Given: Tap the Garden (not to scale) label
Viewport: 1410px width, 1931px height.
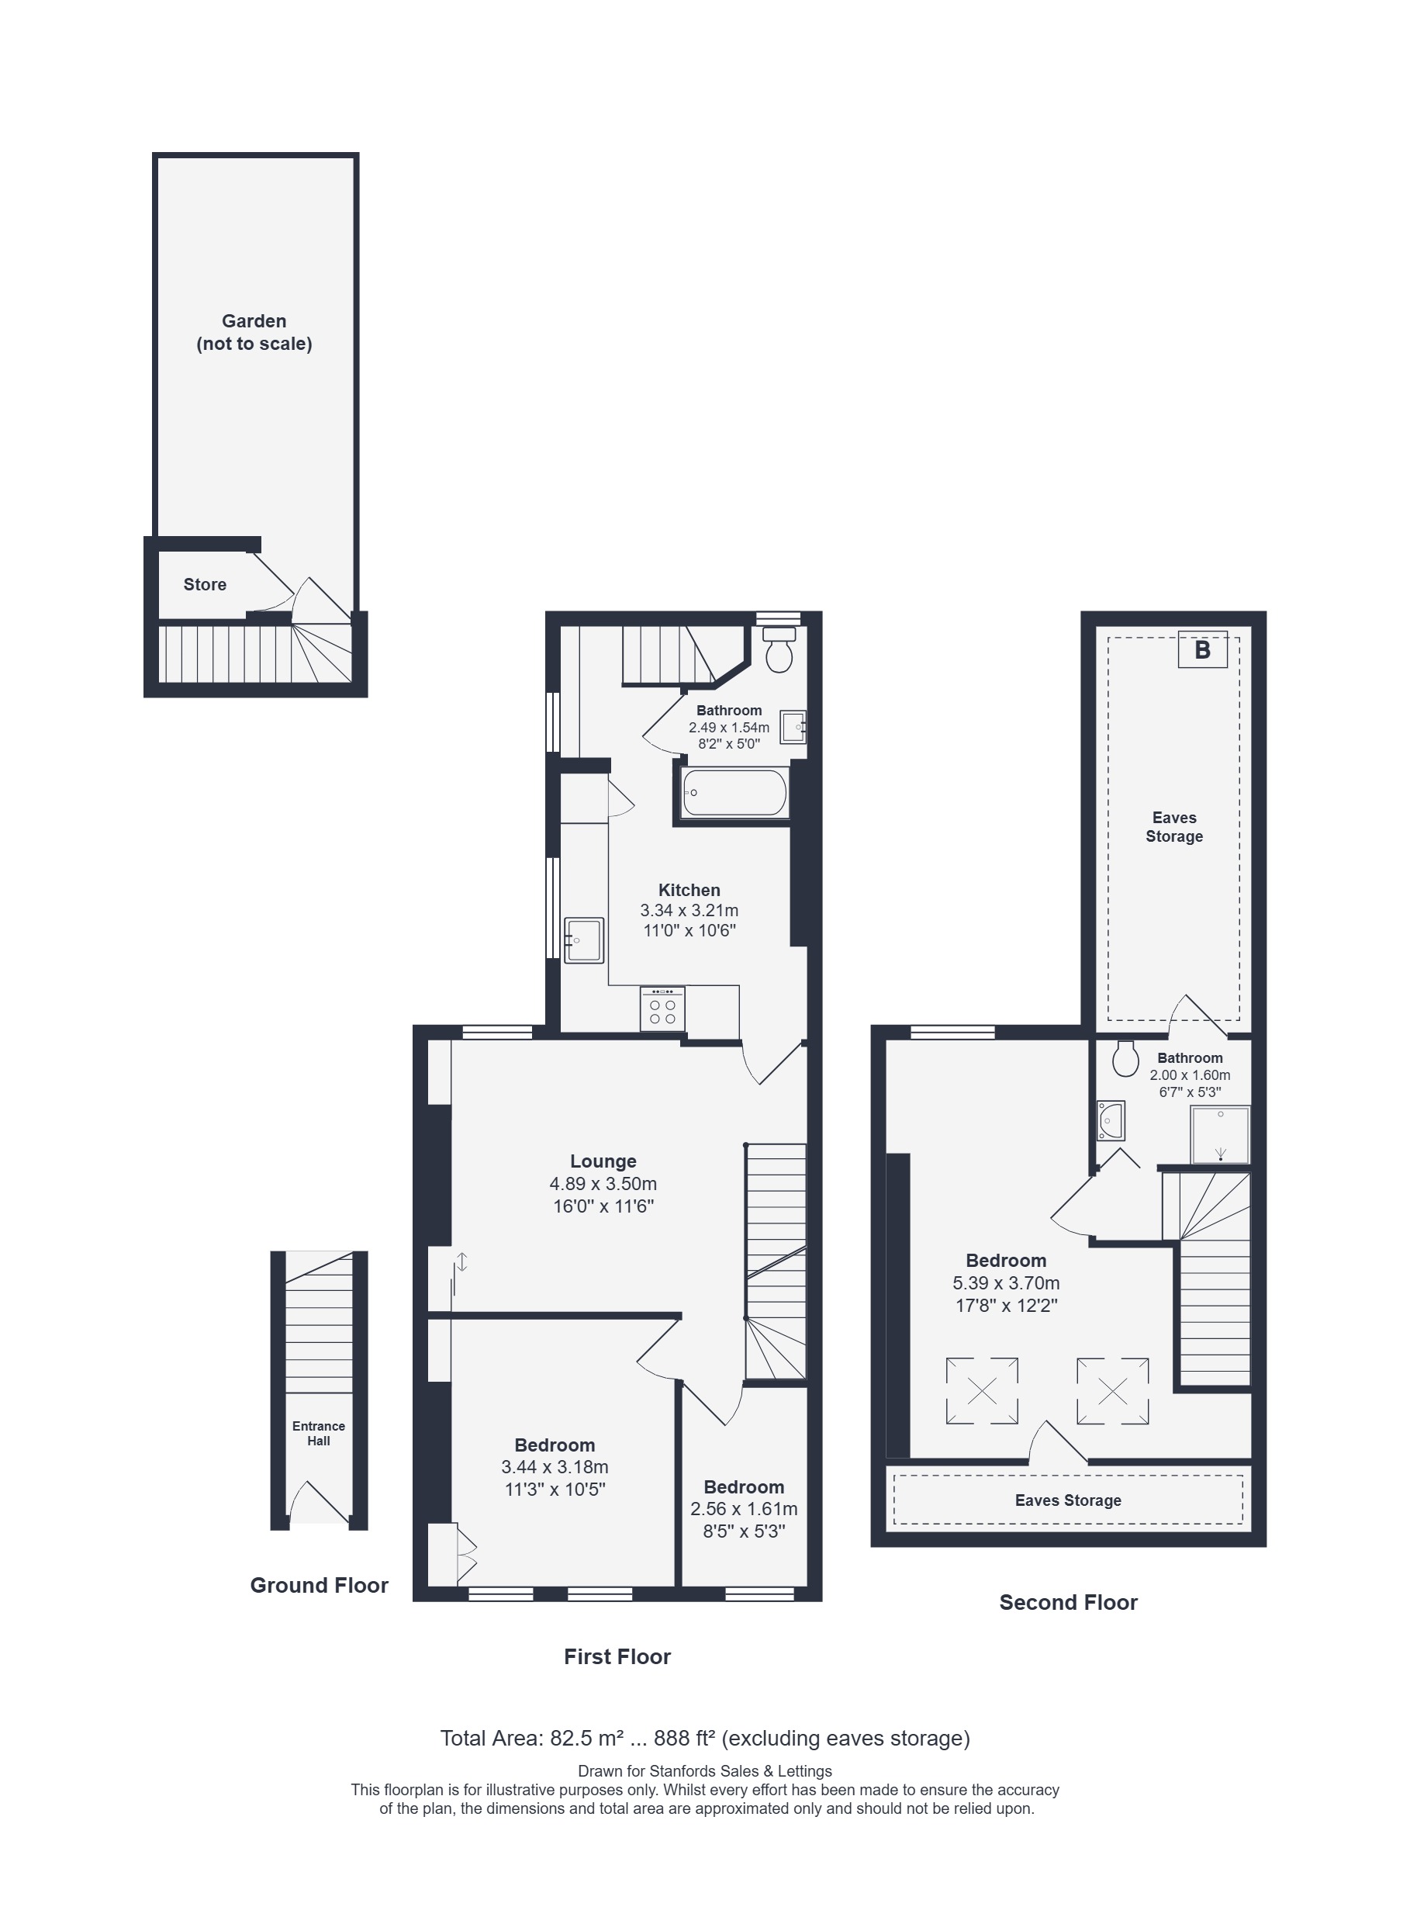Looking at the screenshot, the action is (x=254, y=332).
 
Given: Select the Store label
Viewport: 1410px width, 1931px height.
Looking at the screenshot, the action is (x=205, y=585).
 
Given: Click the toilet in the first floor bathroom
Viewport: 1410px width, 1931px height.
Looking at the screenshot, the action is (x=779, y=650).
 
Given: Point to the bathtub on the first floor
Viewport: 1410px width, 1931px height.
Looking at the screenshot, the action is (x=734, y=793).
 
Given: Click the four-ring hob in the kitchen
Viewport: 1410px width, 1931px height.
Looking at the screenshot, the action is (x=662, y=1009).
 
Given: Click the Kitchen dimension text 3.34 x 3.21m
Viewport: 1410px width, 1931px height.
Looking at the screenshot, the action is (x=689, y=910).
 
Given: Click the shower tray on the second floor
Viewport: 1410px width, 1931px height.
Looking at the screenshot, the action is (x=1221, y=1134).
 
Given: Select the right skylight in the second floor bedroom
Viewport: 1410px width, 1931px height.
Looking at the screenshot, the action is (x=1112, y=1392).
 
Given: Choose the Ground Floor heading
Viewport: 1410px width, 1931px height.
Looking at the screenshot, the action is (x=320, y=1585).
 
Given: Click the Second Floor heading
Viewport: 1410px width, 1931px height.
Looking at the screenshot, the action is (x=1069, y=1602).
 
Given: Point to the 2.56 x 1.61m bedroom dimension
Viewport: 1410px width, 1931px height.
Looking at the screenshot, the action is (x=745, y=1508).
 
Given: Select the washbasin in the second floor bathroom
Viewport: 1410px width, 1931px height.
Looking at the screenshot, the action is (x=1111, y=1121).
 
